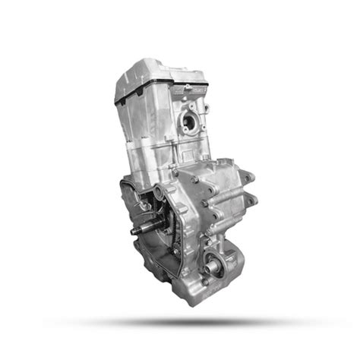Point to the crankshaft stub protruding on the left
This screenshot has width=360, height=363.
tap(141, 228)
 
